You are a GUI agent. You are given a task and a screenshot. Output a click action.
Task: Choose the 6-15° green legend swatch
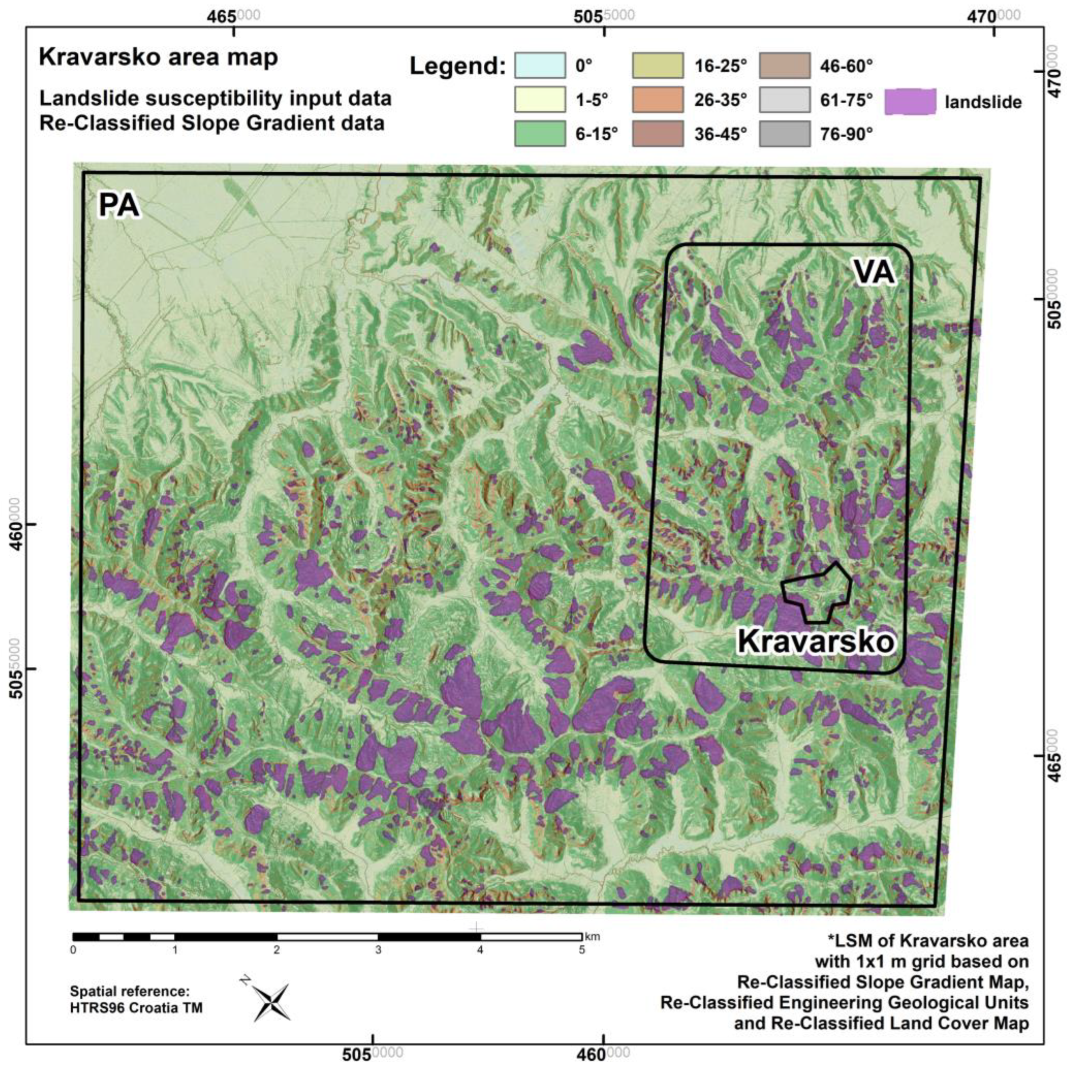540,134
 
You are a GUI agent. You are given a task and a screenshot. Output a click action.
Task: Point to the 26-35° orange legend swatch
657,100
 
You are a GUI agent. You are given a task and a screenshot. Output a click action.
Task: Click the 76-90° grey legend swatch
784,134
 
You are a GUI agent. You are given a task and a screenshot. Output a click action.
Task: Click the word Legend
457,67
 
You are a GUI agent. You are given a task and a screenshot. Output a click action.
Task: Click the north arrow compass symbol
272,1002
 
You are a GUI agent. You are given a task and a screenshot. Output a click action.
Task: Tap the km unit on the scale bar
592,936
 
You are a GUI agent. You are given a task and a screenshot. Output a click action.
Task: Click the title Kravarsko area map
158,57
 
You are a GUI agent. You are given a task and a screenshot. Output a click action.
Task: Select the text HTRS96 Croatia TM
136,1008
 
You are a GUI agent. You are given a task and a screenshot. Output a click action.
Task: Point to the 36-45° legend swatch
657,134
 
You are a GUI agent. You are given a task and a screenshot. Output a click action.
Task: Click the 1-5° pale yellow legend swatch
540,100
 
